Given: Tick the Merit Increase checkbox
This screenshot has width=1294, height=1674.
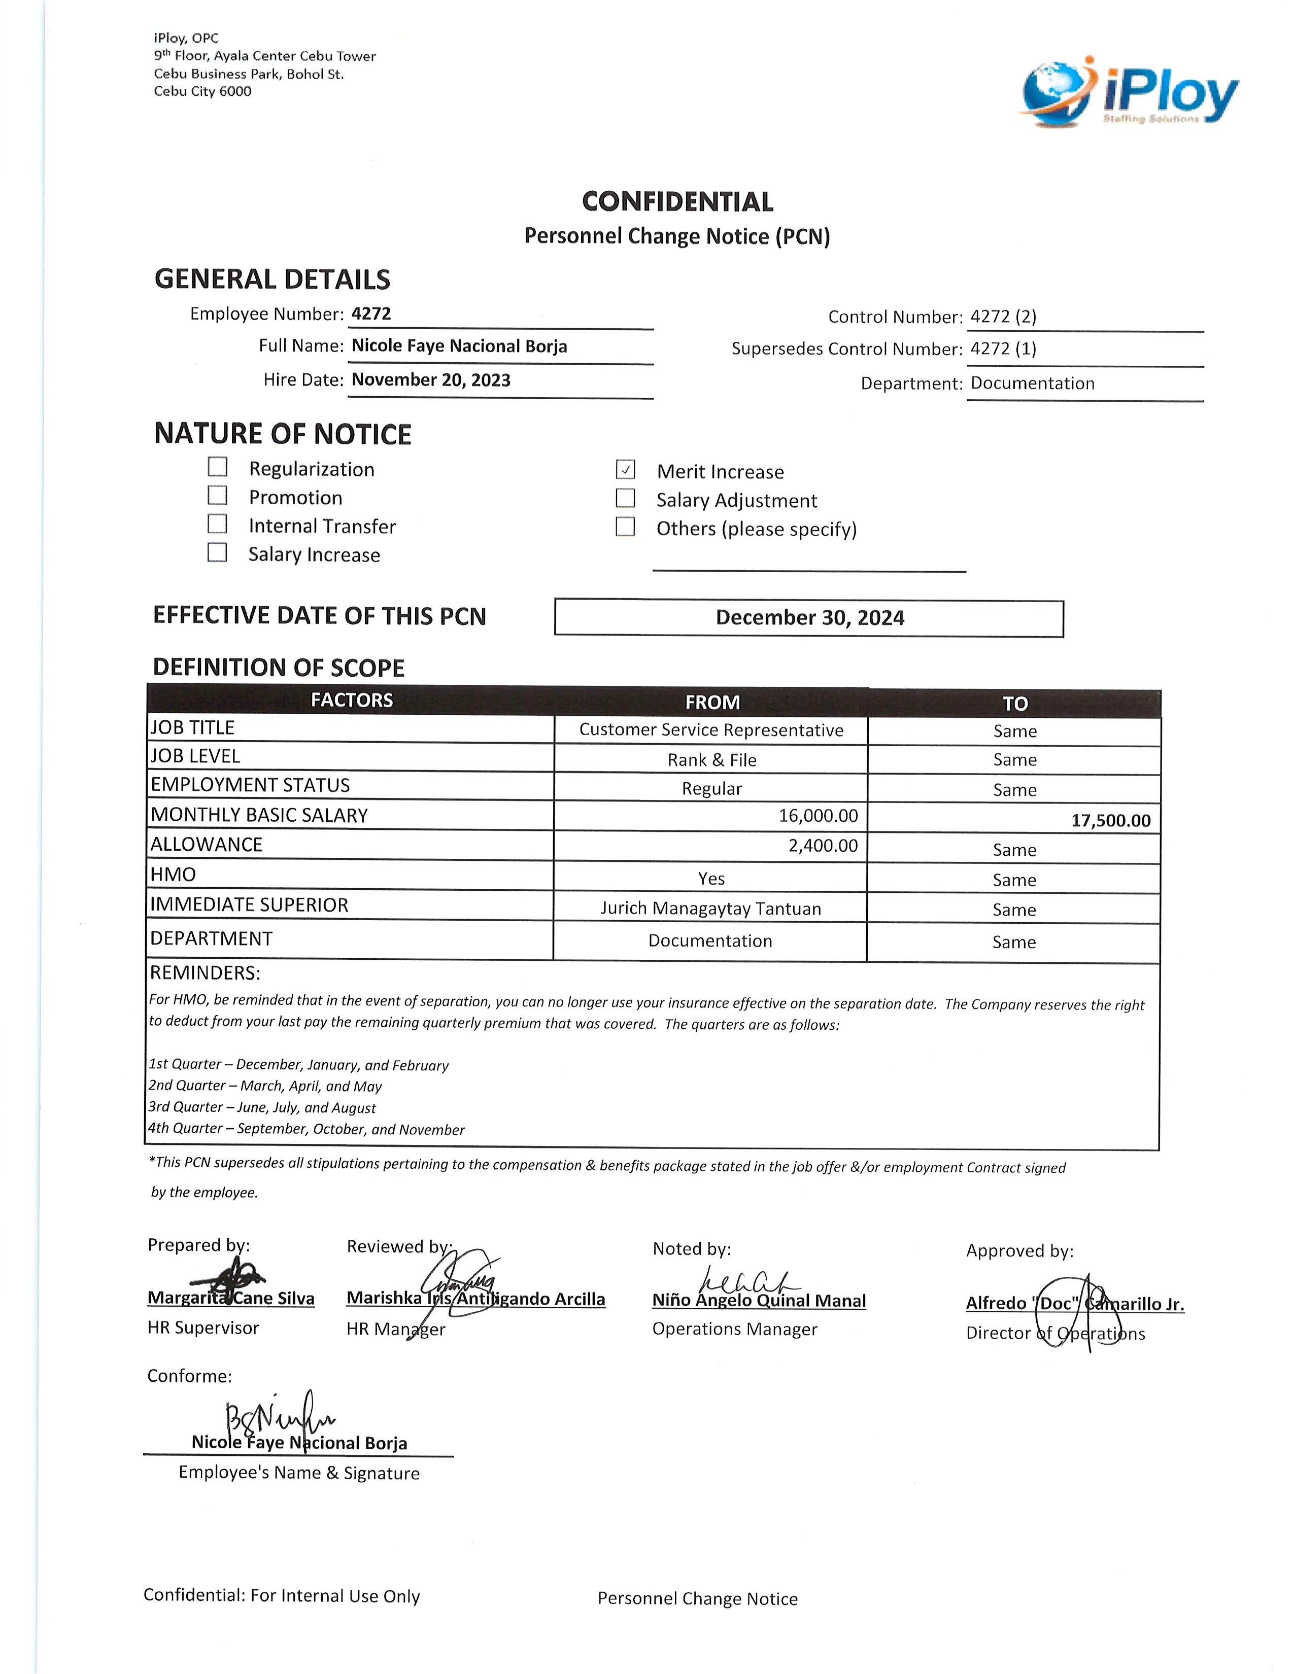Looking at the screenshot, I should click(x=626, y=469).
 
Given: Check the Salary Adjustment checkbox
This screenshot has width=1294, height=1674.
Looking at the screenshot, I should click(x=626, y=498).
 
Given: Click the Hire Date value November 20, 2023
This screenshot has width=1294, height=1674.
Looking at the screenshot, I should click(x=431, y=380).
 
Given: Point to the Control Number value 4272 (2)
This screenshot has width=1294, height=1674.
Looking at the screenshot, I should click(x=1003, y=317).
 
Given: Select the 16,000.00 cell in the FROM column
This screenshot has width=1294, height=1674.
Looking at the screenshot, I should click(x=818, y=816).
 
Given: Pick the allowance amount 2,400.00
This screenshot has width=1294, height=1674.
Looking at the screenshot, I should click(x=823, y=846).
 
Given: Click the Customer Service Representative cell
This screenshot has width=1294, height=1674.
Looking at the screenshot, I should click(x=710, y=729).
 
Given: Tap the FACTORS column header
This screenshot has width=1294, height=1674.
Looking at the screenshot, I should click(x=351, y=700).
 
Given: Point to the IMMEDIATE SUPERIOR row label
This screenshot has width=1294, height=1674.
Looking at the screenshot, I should click(x=249, y=905).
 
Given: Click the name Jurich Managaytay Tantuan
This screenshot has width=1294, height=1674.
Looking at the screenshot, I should click(x=710, y=909).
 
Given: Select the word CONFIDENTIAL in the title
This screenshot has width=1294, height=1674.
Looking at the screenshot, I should click(x=677, y=201).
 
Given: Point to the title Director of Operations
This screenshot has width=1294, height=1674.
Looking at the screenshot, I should click(x=1055, y=1333).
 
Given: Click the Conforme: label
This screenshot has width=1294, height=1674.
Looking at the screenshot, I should click(x=189, y=1376).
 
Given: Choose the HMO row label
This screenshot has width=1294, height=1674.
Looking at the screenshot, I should click(x=173, y=875).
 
